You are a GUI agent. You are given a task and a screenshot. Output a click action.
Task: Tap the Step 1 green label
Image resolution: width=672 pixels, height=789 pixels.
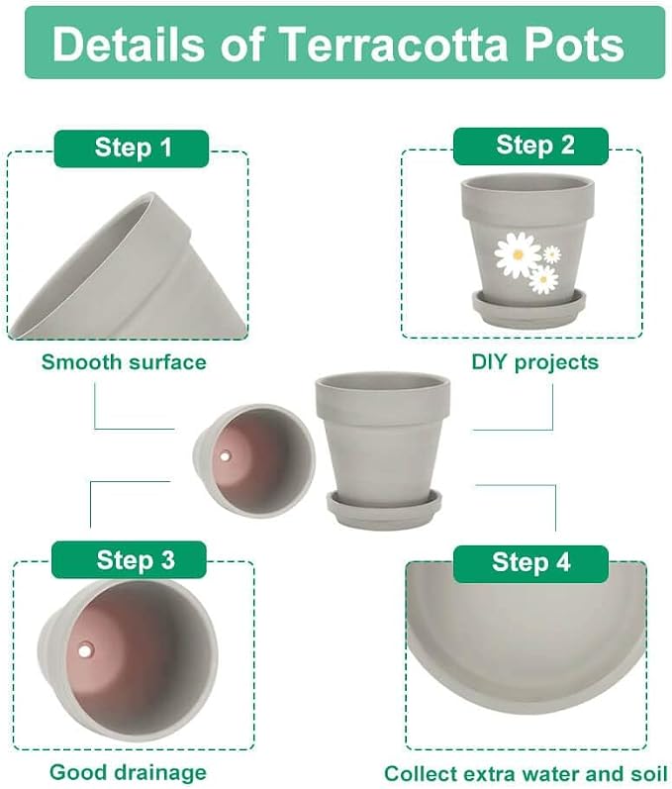point(132,148)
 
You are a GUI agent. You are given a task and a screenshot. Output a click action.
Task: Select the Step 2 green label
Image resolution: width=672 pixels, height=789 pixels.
point(530,146)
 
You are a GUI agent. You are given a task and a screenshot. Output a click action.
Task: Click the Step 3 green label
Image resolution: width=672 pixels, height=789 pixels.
point(129,559)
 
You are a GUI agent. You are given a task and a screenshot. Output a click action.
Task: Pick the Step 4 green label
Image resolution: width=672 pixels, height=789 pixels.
point(530,563)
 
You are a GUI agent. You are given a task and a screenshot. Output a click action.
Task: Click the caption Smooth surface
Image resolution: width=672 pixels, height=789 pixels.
point(124,362)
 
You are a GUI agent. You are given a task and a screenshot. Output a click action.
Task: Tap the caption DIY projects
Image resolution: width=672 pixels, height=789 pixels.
point(534,362)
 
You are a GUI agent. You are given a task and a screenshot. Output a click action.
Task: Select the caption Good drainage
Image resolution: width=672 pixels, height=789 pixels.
point(128,772)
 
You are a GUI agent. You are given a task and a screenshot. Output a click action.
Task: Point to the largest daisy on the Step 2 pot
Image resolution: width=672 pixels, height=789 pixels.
point(518,254)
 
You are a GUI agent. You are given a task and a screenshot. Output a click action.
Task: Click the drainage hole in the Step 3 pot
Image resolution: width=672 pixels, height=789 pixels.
point(85,650)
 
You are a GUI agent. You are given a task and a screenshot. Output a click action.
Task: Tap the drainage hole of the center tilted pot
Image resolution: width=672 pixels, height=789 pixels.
point(225,457)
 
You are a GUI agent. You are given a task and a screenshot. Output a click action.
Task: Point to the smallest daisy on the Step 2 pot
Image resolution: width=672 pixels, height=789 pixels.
point(552,254)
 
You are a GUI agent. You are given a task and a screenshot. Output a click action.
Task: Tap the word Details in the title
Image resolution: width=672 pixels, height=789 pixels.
point(129,44)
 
